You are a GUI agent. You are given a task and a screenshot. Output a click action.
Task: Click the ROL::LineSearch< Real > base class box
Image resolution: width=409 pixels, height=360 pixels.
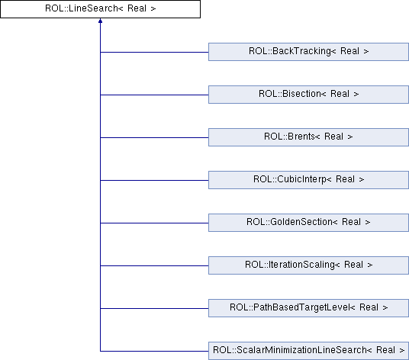(x=100, y=9)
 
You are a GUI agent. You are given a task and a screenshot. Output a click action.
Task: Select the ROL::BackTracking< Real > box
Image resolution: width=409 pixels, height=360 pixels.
(x=308, y=52)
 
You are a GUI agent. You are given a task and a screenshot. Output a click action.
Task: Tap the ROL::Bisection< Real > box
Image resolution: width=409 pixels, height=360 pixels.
(x=308, y=95)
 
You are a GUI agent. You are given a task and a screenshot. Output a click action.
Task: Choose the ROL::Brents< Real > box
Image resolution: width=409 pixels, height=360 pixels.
(x=308, y=137)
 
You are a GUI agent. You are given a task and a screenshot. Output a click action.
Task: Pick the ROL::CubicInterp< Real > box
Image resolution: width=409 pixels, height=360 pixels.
(x=308, y=180)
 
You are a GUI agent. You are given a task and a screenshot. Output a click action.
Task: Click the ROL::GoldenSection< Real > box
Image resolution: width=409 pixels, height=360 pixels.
(x=308, y=223)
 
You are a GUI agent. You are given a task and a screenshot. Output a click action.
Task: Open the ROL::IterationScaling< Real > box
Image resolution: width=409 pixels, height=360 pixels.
(x=308, y=265)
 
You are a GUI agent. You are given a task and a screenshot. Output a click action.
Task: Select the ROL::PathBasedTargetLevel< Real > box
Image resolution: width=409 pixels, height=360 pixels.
(x=308, y=308)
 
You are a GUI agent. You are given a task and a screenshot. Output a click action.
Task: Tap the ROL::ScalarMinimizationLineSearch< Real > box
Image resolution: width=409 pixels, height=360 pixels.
(x=308, y=351)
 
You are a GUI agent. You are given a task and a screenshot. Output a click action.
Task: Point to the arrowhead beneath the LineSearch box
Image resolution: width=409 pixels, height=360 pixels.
(x=100, y=21)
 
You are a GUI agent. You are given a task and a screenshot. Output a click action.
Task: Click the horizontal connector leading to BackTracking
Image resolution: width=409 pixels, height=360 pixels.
(x=154, y=52)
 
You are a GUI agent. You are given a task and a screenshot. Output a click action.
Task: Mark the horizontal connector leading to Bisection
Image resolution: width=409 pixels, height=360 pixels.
(x=154, y=95)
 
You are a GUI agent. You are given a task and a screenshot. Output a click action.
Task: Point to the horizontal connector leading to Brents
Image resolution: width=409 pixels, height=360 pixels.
(x=154, y=137)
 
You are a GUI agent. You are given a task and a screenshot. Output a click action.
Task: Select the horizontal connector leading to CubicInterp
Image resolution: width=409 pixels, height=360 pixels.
(x=154, y=181)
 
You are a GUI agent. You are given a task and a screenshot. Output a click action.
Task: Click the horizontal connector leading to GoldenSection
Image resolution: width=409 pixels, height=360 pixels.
(x=154, y=223)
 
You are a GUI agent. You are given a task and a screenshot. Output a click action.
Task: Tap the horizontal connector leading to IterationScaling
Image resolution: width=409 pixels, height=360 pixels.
(x=154, y=266)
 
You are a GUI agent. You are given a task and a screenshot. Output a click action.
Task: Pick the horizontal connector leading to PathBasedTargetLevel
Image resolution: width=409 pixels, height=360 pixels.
(x=154, y=309)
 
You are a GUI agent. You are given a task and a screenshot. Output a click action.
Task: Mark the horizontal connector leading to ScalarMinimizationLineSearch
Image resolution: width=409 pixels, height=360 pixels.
(x=154, y=351)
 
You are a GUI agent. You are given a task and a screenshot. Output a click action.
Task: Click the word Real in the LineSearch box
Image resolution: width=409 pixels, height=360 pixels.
(x=137, y=8)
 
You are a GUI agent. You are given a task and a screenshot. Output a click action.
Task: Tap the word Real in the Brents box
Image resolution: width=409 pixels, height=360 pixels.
(x=334, y=137)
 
